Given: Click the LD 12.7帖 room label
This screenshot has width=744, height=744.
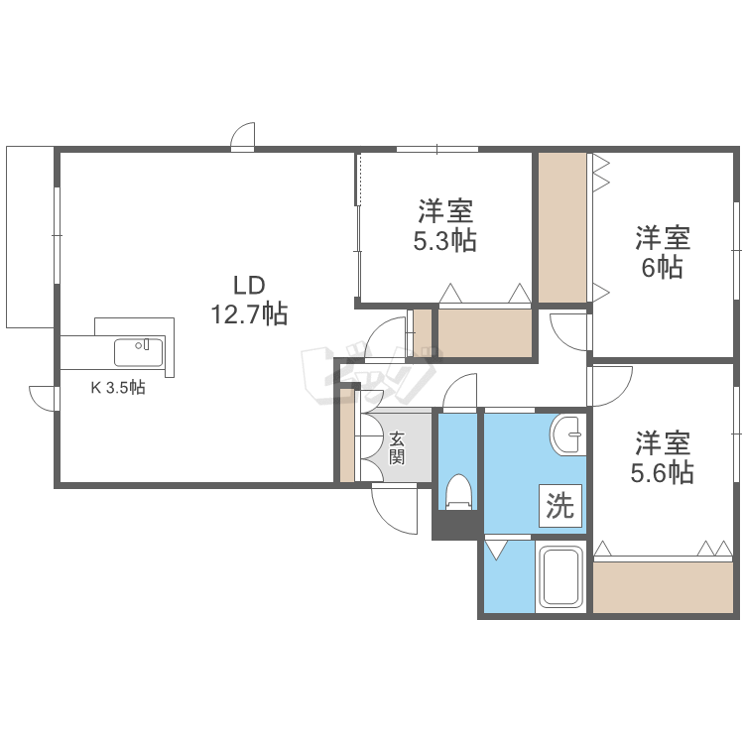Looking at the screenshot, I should pyautogui.click(x=248, y=301).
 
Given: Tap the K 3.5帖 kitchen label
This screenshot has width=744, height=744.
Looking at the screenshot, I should pyautogui.click(x=118, y=388).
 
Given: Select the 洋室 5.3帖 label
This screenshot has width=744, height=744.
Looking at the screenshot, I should pyautogui.click(x=444, y=225).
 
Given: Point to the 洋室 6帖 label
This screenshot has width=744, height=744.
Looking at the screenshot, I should pyautogui.click(x=662, y=252).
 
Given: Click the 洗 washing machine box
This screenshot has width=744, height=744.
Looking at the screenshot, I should pyautogui.click(x=560, y=507).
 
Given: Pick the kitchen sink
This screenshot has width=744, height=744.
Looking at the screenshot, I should pyautogui.click(x=138, y=352).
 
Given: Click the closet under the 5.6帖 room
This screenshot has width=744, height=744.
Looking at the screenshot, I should pyautogui.click(x=663, y=587).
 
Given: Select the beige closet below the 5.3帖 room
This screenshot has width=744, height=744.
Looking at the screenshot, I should pyautogui.click(x=485, y=331).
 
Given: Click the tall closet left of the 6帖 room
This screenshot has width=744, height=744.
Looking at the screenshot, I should pyautogui.click(x=562, y=227).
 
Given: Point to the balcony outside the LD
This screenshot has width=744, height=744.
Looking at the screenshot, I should pyautogui.click(x=30, y=236).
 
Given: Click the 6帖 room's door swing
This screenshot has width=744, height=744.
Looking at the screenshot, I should pyautogui.click(x=568, y=331).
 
